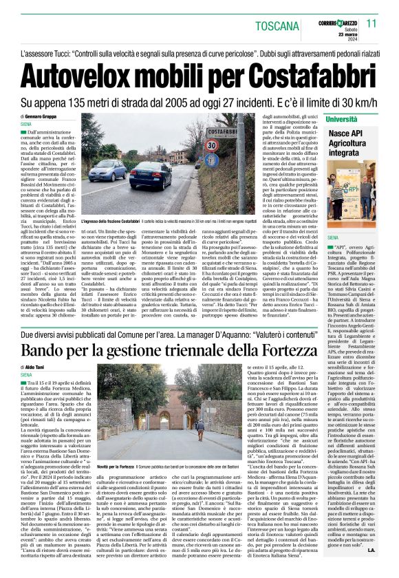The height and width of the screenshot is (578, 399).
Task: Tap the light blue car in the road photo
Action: tap(105, 169)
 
